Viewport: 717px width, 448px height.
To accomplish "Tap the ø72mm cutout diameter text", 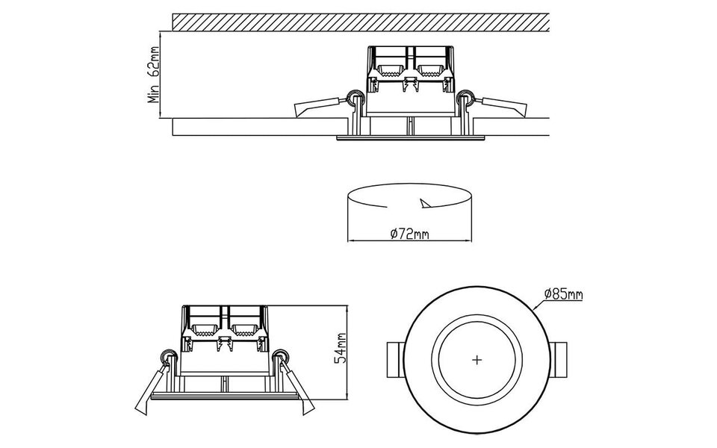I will click(409, 234).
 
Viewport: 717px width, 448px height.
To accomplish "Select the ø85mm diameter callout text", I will click(564, 294).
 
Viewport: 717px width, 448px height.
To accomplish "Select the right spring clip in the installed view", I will click(497, 105).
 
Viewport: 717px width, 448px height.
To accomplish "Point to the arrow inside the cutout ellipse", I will click(427, 204).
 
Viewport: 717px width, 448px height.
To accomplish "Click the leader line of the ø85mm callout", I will click(539, 303).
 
